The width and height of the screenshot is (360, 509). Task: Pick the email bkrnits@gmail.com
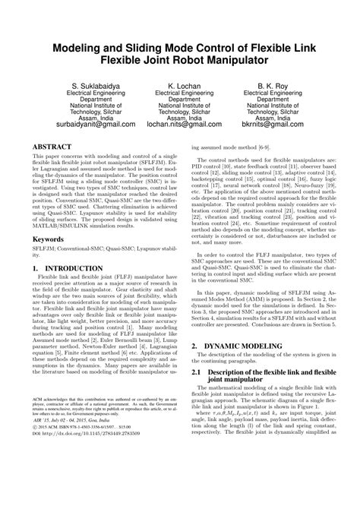[286, 123]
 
